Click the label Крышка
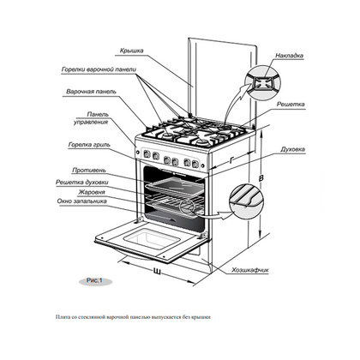point(132,51)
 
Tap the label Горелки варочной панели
point(99,69)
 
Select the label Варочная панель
point(91,92)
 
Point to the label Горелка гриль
point(89,145)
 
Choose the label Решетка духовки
point(82,183)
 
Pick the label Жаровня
point(92,192)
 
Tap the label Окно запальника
point(82,201)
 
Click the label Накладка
point(289,56)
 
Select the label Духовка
point(292,149)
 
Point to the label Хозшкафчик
point(250,270)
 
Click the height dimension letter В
point(261,178)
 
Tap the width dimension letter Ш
point(157,271)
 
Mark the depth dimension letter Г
point(231,161)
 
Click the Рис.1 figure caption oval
point(95,281)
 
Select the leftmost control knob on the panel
point(147,154)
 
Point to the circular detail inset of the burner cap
point(263,82)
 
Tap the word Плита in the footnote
point(60,317)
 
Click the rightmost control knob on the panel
point(195,164)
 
